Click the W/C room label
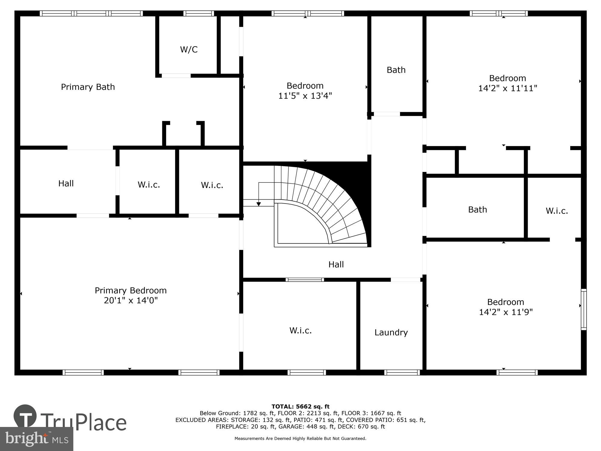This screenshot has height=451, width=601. tap(189, 50)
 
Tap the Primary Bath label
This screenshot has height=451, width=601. tap(88, 87)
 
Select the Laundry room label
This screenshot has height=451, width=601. tap(391, 332)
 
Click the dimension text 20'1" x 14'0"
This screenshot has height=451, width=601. tap(131, 300)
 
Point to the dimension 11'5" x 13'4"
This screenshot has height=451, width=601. tap(305, 96)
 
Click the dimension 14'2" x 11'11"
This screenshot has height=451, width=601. tap(508, 88)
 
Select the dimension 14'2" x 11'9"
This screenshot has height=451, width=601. tap(506, 312)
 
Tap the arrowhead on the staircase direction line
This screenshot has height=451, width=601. tap(258, 204)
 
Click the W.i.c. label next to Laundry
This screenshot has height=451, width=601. tap(300, 330)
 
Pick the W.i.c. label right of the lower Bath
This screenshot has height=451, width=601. tap(557, 211)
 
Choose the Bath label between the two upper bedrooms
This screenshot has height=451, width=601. tap(396, 70)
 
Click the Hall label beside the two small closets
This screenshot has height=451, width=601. tap(66, 183)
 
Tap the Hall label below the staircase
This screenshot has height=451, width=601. tap(336, 264)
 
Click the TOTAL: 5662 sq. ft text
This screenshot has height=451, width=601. tap(300, 407)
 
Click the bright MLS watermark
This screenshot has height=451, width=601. tap(36, 439)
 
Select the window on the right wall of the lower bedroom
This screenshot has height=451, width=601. tap(584, 309)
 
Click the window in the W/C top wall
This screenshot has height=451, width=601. tap(199, 13)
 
